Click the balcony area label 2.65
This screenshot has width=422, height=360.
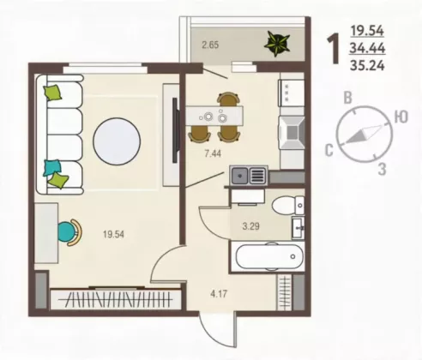pos(210,45)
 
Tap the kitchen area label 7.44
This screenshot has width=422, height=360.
pos(213,153)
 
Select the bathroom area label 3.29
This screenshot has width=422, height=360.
pos(250,226)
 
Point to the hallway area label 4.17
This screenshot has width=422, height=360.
pos(219,293)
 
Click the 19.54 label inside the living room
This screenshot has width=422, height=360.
pos(113,234)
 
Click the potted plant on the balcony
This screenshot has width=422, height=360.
pos(276,43)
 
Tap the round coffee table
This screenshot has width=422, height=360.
pos(117,141)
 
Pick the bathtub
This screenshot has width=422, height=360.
pos(268,257)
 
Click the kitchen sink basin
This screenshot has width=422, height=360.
pos(239,176)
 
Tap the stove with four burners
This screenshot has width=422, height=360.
pos(292,93)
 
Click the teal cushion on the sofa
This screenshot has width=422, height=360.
pos(52,167)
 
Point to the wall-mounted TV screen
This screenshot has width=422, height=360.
pos(175,130)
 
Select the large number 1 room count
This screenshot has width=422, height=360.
pos(334,48)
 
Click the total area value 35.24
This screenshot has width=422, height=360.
pos(367,66)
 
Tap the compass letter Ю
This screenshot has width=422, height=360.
pos(401,117)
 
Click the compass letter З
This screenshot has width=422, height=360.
pos(383,169)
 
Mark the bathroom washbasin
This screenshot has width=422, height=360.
pos(298,228)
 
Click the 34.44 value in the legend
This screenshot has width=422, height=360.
pos(367,48)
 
